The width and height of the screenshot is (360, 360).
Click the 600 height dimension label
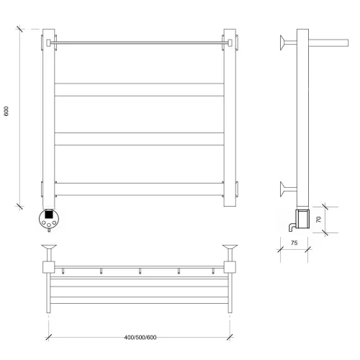coord(6,111)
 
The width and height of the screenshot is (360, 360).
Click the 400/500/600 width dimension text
coord(140,338)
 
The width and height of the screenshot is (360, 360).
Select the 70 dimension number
coord(318,220)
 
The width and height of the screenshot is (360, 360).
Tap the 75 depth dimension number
coord(294,243)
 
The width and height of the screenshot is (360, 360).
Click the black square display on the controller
coord(49,214)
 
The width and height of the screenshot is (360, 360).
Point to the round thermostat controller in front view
coord(49,219)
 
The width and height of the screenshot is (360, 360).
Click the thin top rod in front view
coord(139,42)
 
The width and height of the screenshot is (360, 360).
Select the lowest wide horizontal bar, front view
coord(139,189)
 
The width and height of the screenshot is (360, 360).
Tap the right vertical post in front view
coord(230,117)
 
